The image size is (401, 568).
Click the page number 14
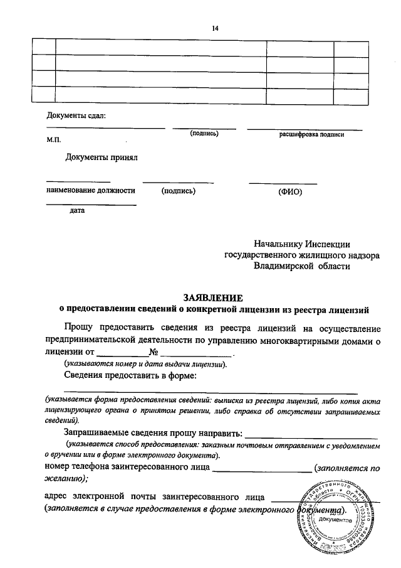coord(216,28)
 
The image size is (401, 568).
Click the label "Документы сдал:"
coord(76,115)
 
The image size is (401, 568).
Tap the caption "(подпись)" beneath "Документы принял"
coord(178,191)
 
